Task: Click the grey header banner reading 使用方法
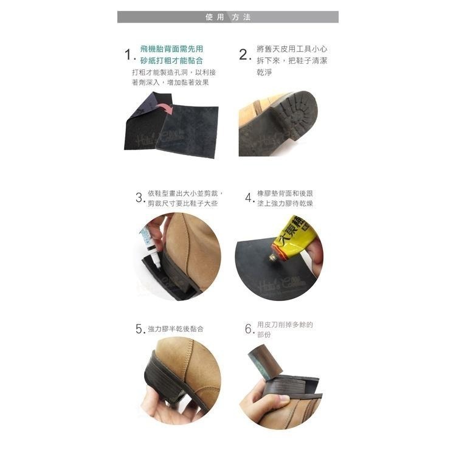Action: [227, 17]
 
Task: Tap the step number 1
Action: [128, 55]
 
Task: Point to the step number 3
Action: [139, 198]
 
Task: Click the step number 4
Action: [249, 198]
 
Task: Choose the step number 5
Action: [139, 329]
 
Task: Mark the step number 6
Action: [249, 329]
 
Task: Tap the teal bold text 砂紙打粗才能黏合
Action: [171, 60]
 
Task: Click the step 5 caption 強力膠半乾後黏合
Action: [176, 329]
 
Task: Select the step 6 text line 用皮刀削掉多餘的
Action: [285, 325]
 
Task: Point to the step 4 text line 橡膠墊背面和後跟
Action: [285, 193]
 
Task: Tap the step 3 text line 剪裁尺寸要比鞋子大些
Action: [182, 203]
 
